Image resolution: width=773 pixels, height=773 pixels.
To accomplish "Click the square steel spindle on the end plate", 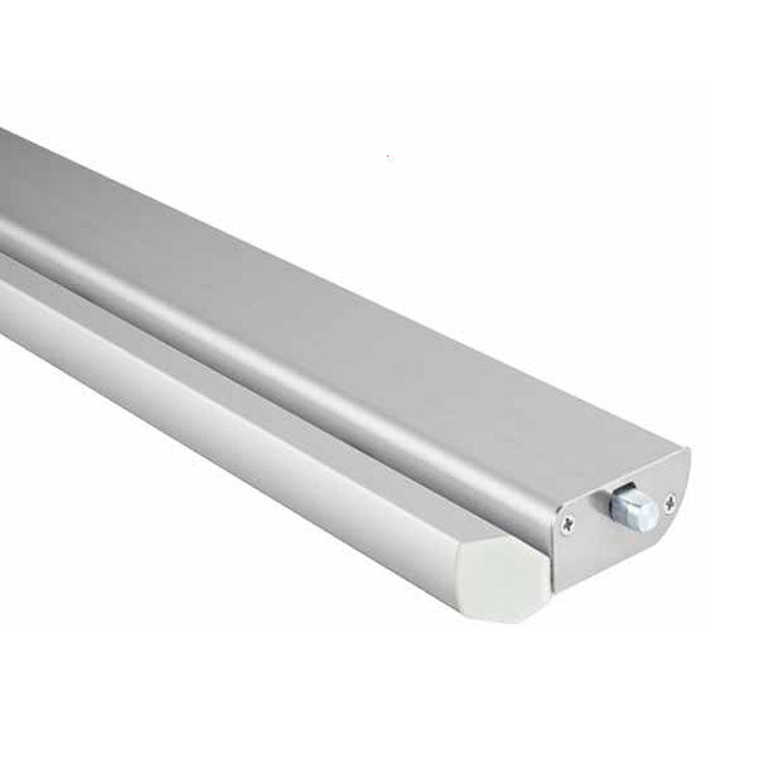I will [x=633, y=509].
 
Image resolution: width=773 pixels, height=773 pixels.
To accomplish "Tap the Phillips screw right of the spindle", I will [x=671, y=501].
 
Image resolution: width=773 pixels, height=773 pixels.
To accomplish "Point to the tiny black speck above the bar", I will [x=387, y=155].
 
